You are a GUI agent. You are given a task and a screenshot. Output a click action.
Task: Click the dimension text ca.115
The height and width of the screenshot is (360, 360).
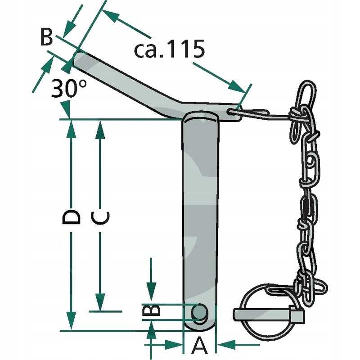click(x=170, y=49)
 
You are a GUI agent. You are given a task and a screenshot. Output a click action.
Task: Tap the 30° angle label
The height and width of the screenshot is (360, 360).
click(x=69, y=88)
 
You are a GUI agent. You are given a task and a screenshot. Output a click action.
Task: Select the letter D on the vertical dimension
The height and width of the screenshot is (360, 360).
click(x=71, y=217)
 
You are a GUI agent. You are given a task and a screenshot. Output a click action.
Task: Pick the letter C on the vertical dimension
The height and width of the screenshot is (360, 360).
click(x=100, y=217)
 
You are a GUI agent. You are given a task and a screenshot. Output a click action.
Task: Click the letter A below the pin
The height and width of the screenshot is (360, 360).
click(x=199, y=347)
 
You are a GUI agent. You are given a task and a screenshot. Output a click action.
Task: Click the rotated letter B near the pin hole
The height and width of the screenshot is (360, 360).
click(x=151, y=311)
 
